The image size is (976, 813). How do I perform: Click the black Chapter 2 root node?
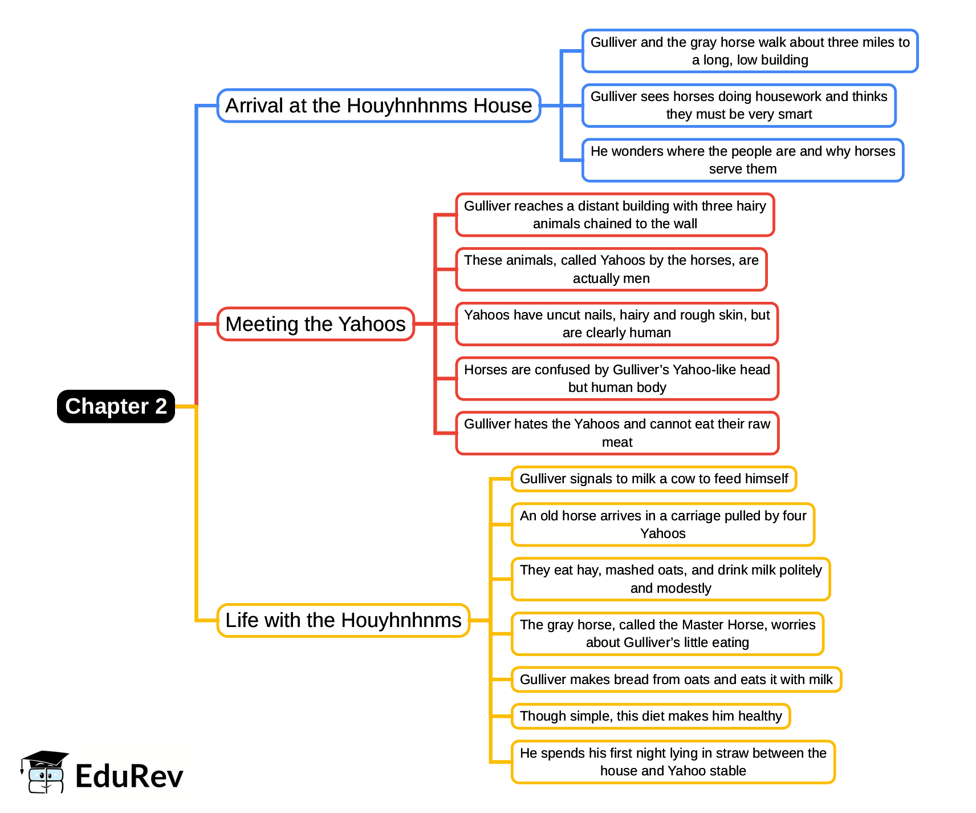coord(116,406)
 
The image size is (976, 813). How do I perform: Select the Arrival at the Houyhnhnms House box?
coord(379,106)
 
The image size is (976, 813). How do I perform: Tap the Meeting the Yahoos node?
coord(315,324)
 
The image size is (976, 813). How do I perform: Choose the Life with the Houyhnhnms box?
coord(343,620)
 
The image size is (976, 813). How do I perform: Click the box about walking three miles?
coord(750,51)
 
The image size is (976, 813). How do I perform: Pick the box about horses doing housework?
coord(739,106)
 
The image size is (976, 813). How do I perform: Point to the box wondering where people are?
coord(743,160)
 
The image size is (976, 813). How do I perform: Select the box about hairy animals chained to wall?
coord(615,215)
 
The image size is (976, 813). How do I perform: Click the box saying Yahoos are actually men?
coord(611,269)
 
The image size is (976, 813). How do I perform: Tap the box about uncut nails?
coord(617,324)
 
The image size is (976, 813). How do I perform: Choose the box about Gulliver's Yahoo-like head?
coord(617,379)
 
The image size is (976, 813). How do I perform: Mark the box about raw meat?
coord(617,433)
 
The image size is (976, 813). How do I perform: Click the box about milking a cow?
coord(654,479)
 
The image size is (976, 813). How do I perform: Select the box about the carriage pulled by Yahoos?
coord(663,525)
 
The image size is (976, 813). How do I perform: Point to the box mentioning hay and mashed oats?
coord(670,579)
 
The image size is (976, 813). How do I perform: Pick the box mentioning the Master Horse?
coord(668,634)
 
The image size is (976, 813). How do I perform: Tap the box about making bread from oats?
coord(676,679)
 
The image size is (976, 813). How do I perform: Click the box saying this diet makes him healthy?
coord(650,716)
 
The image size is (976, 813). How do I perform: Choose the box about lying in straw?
coord(673,762)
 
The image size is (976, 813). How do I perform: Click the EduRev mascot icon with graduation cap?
coord(44,772)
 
